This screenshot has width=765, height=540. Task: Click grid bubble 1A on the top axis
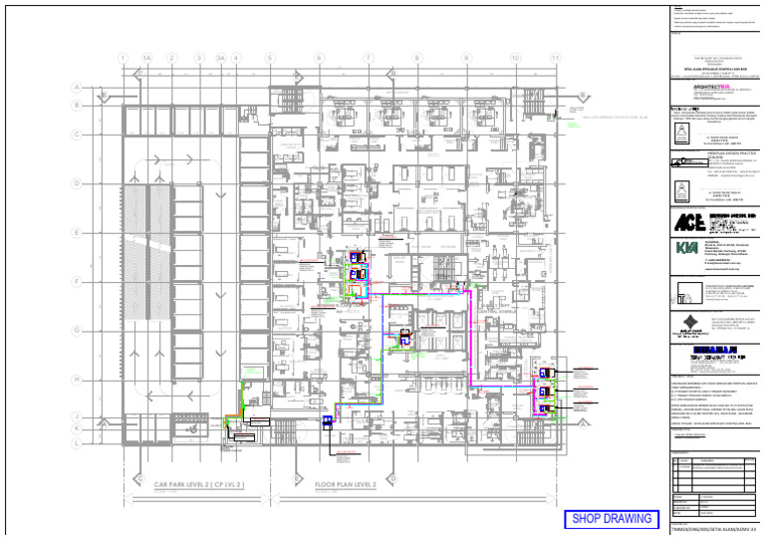[146, 59]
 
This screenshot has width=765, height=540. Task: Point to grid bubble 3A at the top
[220, 59]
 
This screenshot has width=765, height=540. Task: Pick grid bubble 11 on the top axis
[555, 59]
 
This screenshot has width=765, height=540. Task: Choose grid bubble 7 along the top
[368, 59]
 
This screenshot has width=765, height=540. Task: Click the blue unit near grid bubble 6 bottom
[326, 422]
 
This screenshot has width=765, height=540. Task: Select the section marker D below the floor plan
[393, 478]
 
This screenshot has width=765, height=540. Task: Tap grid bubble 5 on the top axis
[270, 59]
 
